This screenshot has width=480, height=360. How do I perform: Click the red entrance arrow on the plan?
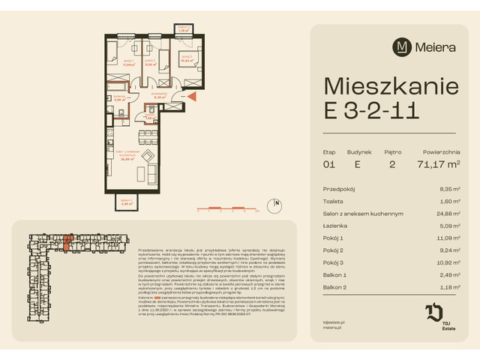(x=192, y=95)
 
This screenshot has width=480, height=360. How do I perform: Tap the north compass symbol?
(x=277, y=202)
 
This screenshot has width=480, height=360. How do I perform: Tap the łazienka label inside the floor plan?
(x=118, y=97)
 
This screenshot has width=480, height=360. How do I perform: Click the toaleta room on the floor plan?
(x=150, y=116)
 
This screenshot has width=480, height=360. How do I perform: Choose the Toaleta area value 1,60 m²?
(x=451, y=202)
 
